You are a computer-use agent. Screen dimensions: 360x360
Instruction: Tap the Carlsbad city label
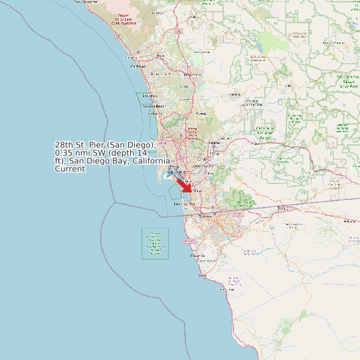click(138, 66)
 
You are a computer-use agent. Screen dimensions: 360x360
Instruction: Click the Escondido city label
click(192, 75)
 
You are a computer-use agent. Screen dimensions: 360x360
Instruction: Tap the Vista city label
click(159, 56)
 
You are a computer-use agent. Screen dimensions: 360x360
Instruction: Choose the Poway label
click(201, 114)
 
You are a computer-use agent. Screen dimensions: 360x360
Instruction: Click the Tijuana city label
click(205, 217)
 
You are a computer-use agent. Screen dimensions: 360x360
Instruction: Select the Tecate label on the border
click(284, 208)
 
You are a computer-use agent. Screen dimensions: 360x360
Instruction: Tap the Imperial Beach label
click(183, 204)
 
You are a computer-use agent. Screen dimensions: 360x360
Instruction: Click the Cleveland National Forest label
click(265, 133)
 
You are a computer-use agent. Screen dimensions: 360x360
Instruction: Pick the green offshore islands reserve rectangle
click(155, 244)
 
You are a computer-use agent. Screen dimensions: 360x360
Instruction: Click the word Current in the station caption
click(70, 169)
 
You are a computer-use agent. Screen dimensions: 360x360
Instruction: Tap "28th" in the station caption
click(64, 145)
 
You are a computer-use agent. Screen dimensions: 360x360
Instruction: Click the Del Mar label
click(156, 114)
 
